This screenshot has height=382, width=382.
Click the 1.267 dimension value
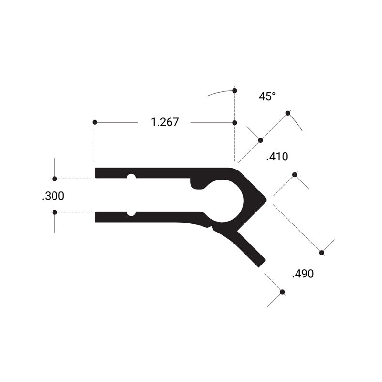click(165, 122)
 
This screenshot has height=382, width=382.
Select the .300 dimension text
click(53, 196)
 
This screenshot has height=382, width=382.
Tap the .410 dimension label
click(277, 157)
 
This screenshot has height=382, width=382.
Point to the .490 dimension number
click(303, 274)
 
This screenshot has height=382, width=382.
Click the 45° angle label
click(267, 96)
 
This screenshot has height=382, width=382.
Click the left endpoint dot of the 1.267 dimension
click(95, 122)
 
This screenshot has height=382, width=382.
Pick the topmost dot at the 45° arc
click(234, 91)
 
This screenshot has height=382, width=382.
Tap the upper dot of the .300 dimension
click(55, 179)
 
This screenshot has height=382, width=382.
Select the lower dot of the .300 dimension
click(55, 212)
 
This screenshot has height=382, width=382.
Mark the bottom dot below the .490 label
click(282, 292)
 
